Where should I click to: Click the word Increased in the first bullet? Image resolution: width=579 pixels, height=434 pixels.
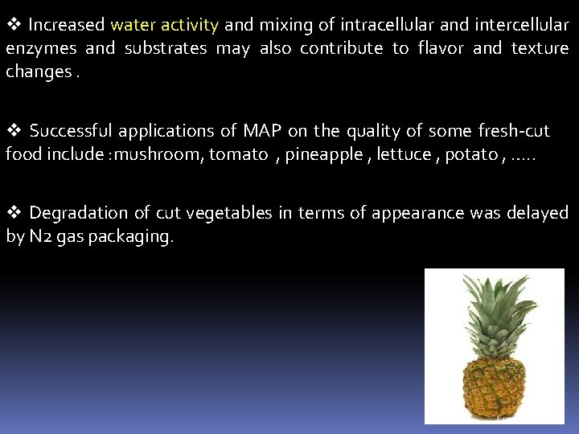pyautogui.click(x=67, y=25)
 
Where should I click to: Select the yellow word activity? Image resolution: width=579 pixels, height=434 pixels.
pyautogui.click(x=189, y=25)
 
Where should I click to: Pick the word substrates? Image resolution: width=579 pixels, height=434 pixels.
pyautogui.click(x=165, y=48)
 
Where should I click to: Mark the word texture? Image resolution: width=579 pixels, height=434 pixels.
pyautogui.click(x=540, y=48)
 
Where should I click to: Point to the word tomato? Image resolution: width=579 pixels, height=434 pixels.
pyautogui.click(x=238, y=154)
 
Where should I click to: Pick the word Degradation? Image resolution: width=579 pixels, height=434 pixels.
pyautogui.click(x=78, y=213)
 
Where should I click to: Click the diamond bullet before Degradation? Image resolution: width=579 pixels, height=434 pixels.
pyautogui.click(x=13, y=213)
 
